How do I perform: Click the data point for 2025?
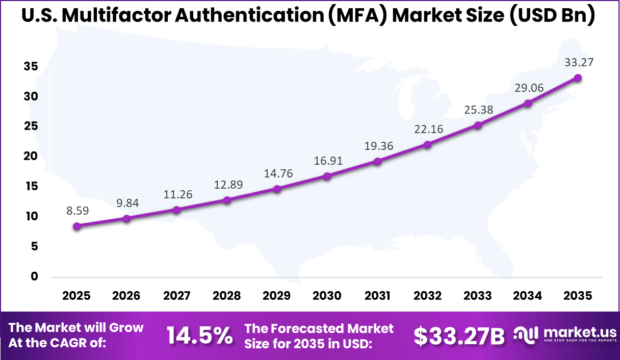[x=76, y=226]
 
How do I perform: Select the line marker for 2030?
[x=327, y=176]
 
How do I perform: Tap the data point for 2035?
[x=578, y=78]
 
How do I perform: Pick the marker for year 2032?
[x=427, y=145]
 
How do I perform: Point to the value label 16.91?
[x=327, y=161]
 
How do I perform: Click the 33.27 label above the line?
[x=578, y=63]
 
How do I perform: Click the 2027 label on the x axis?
[x=177, y=296]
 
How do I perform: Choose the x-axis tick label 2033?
[x=478, y=296]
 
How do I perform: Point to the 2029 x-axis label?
[x=277, y=296]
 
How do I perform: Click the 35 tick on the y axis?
[x=31, y=66]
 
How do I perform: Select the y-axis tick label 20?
[x=31, y=157]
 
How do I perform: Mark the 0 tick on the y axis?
[x=35, y=277]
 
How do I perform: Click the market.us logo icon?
[x=525, y=334]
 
